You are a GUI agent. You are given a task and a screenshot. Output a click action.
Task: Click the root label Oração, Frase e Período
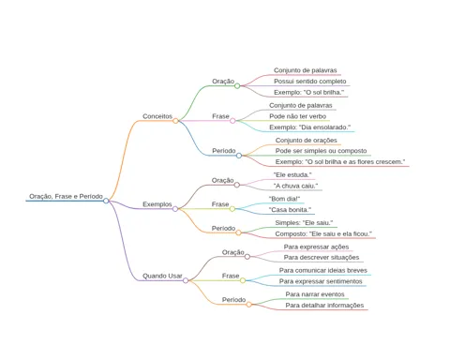66,196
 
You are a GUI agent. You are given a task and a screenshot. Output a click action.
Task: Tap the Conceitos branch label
157,116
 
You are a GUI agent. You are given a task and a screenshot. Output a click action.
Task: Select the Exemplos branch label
157,204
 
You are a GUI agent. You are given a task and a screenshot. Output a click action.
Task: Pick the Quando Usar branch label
162,276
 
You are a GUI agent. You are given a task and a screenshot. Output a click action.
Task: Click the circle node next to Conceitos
175,121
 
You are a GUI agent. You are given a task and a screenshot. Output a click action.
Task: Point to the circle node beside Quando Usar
186,280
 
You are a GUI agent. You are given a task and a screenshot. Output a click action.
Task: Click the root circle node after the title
106,201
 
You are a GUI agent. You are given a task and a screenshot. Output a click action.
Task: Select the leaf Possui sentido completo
310,82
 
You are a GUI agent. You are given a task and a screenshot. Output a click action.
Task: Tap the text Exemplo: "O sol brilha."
308,92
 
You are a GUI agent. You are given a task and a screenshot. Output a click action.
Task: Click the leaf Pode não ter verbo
297,116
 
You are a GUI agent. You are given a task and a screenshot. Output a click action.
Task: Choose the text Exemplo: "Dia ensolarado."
310,127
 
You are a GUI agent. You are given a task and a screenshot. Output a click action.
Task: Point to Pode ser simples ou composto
321,151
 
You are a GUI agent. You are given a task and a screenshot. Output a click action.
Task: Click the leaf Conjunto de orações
307,141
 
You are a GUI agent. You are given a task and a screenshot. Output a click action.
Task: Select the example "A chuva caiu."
295,186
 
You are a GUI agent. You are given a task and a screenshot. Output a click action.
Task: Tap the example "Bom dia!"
284,199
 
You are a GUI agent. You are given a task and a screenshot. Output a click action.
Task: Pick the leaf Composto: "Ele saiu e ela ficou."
323,233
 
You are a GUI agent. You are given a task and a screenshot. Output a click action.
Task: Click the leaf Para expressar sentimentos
321,281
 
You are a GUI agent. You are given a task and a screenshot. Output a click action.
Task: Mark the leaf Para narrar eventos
315,294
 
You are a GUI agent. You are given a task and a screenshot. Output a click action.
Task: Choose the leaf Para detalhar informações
324,306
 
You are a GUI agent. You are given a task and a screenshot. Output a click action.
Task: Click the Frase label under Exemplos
220,204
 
